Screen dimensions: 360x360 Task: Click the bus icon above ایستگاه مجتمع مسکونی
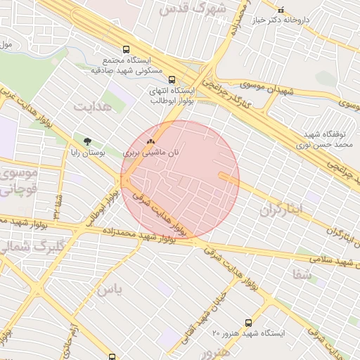[x=126, y=50]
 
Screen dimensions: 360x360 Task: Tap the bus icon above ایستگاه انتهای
[x=173, y=79]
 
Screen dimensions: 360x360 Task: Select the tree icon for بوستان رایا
[x=88, y=142]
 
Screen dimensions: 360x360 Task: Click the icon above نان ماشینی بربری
[x=150, y=141]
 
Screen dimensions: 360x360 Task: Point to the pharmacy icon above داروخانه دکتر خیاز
[x=281, y=10]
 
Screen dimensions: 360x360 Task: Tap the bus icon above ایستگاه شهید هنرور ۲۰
[x=247, y=322]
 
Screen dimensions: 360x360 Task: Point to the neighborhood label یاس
[x=109, y=288]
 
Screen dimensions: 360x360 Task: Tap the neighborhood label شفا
[x=304, y=275]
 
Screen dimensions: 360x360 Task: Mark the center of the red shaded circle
[x=180, y=179]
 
